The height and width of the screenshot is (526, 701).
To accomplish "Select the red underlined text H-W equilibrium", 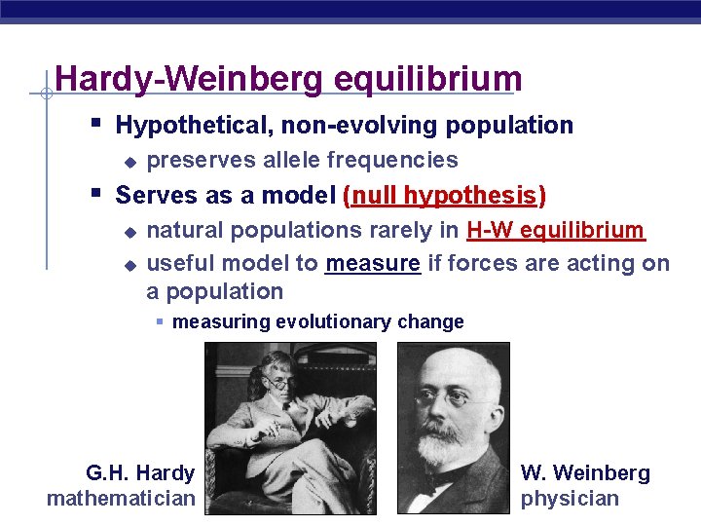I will (555, 231).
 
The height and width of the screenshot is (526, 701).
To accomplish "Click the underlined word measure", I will (373, 264).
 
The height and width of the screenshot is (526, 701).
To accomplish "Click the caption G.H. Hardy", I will (139, 473).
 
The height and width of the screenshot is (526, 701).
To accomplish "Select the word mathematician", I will (121, 499).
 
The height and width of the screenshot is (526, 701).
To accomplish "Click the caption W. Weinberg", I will (585, 473).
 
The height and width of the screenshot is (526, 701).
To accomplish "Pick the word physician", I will (570, 499).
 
